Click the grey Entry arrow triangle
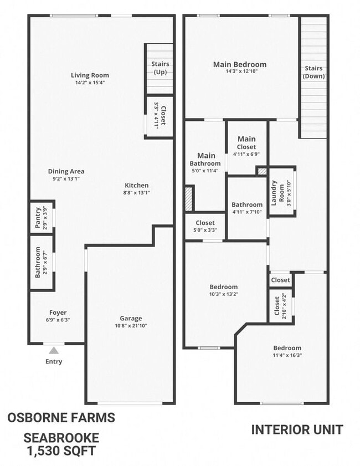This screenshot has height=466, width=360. [x=54, y=350]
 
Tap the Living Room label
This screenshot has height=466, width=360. [x=90, y=75]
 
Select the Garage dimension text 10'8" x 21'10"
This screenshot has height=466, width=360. [x=131, y=326]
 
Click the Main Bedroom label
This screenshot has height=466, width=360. [x=239, y=64]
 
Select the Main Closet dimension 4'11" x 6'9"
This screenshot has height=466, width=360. [x=246, y=155]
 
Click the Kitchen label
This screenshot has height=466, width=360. [x=136, y=185]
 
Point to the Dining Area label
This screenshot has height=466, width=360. [x=66, y=171]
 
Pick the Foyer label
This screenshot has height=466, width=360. [x=58, y=313]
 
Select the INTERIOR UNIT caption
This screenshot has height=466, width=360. [x=297, y=429]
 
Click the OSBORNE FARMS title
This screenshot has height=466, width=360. [x=61, y=418]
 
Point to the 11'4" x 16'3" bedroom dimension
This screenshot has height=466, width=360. [x=287, y=355]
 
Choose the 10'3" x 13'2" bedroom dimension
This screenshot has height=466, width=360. [x=223, y=294]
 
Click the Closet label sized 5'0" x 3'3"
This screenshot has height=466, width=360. [x=205, y=223]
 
